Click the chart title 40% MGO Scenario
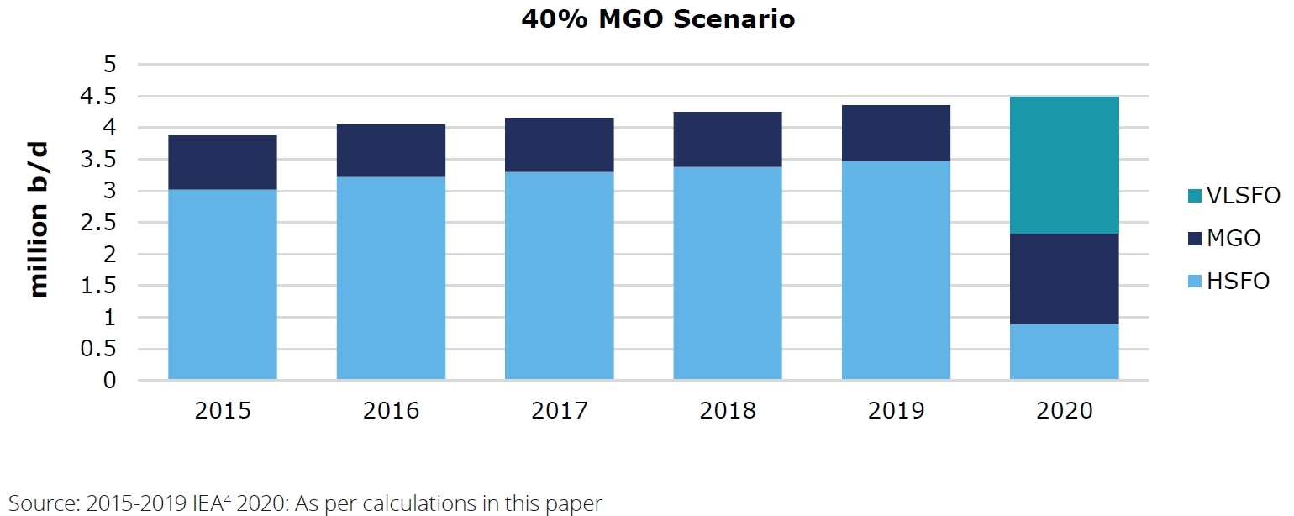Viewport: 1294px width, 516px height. [658, 19]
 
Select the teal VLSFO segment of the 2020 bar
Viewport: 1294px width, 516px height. [1064, 165]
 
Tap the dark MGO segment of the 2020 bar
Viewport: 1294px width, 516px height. [1064, 278]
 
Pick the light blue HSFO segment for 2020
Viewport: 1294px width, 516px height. [1064, 351]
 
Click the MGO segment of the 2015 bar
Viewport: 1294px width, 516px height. [223, 162]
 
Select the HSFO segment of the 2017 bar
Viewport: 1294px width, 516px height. [559, 276]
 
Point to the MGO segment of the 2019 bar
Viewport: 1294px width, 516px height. [896, 133]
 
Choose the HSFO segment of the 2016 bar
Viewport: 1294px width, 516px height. [391, 278]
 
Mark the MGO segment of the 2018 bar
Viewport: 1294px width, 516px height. [728, 139]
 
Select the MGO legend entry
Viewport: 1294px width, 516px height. [1232, 238]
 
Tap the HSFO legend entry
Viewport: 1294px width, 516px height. [1237, 281]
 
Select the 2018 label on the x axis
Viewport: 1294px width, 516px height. [728, 410]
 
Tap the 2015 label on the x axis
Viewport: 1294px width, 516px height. [223, 410]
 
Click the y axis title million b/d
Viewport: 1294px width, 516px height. [39, 220]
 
